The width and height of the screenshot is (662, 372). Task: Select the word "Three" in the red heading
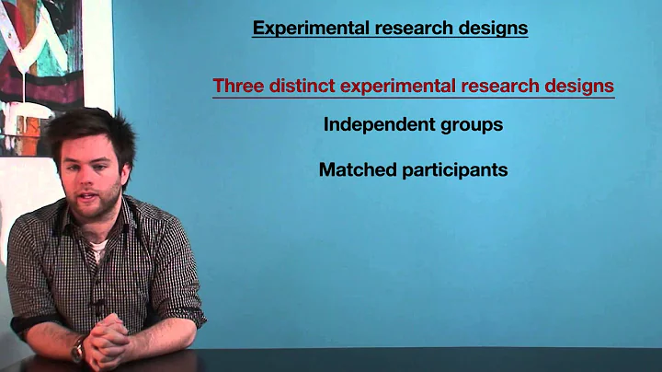pos(238,87)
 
